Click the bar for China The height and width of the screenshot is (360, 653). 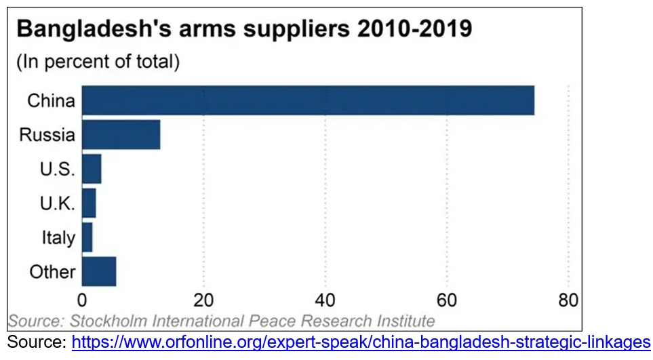click(x=308, y=100)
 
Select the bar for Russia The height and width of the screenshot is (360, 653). click(x=121, y=134)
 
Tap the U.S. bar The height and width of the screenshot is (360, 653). click(x=91, y=169)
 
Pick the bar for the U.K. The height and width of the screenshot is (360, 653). click(x=89, y=203)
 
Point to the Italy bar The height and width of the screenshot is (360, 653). click(x=87, y=237)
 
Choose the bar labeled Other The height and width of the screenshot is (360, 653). click(x=98, y=272)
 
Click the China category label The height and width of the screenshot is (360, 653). click(x=51, y=101)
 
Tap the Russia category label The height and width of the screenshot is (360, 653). click(x=47, y=135)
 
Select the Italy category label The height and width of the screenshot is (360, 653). click(x=58, y=238)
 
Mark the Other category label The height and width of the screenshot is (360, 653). click(x=52, y=273)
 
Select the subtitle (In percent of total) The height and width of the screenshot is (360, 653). click(x=98, y=62)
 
